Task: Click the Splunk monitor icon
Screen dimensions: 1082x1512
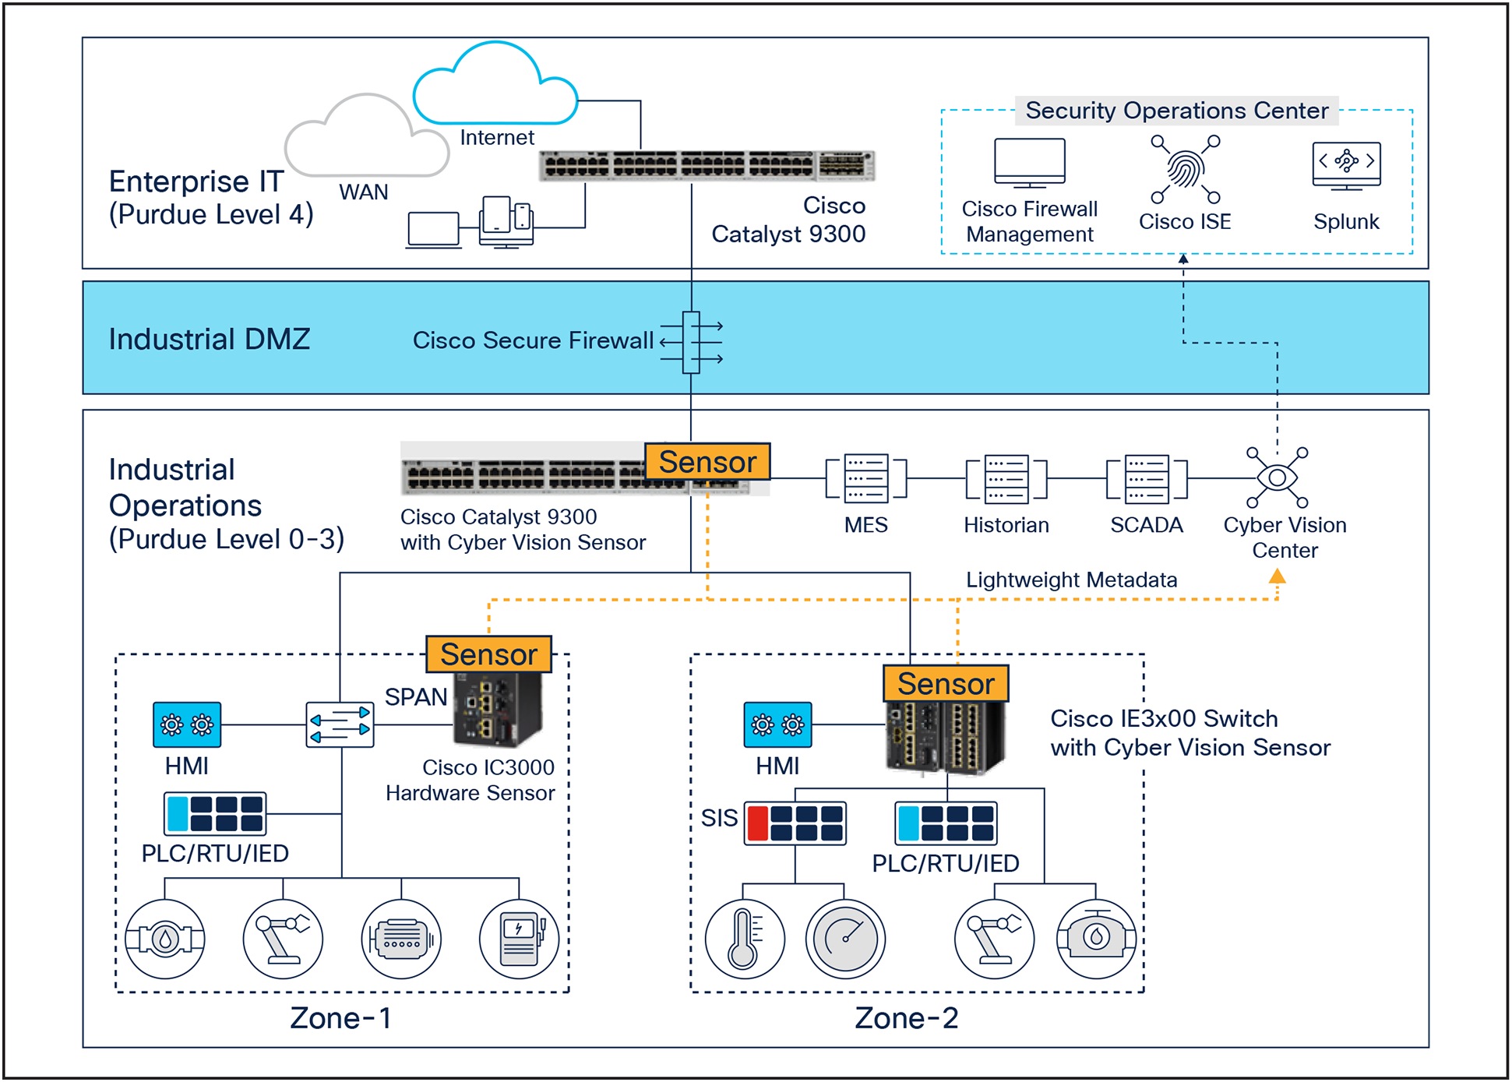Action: tap(1346, 165)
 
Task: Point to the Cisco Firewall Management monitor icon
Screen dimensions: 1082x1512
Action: tap(1029, 163)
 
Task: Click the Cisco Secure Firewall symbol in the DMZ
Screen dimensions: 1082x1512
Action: tap(691, 343)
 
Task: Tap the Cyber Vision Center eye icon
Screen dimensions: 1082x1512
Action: tap(1277, 477)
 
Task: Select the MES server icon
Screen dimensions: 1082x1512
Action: tap(866, 478)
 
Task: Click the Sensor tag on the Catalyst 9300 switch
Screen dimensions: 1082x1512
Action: tap(707, 462)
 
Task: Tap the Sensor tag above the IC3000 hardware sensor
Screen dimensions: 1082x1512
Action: tap(488, 654)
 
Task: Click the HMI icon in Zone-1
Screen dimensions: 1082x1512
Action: tap(187, 724)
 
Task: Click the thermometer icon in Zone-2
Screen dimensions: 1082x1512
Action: tap(744, 939)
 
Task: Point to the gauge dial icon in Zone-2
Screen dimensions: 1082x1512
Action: tap(845, 939)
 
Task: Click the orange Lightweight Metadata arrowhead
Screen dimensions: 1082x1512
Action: tap(1277, 576)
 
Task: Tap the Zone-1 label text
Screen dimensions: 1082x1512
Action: tap(340, 1018)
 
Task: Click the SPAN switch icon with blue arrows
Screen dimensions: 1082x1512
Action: tap(340, 724)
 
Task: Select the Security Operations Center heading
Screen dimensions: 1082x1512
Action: tap(1176, 111)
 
